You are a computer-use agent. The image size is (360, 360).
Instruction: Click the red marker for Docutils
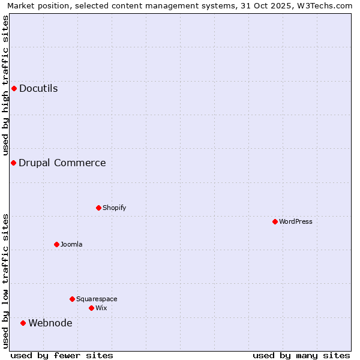[x=14, y=89]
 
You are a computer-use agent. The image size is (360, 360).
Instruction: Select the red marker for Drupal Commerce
[x=13, y=163]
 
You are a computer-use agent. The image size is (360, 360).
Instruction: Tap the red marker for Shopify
[x=99, y=208]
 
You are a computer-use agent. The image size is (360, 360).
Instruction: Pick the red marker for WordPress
[x=275, y=222]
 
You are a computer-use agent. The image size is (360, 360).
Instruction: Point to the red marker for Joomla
[x=57, y=245]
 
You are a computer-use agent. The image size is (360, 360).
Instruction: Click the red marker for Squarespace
[x=73, y=299]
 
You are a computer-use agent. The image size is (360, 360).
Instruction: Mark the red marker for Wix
[x=92, y=308]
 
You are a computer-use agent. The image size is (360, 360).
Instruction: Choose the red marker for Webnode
[x=23, y=323]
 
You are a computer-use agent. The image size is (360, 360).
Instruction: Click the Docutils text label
[x=38, y=89]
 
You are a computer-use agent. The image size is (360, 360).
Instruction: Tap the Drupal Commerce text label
[x=62, y=163]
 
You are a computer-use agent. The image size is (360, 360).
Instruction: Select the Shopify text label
[x=114, y=208]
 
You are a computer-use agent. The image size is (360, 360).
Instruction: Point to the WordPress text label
[x=296, y=222]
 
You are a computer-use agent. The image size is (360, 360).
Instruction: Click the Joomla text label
[x=71, y=245]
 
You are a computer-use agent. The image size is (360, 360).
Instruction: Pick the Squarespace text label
[x=97, y=299]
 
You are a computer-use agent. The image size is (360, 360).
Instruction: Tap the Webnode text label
[x=50, y=323]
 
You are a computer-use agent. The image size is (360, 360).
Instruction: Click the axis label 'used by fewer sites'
[x=62, y=355]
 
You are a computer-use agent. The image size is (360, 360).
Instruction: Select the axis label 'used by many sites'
[x=301, y=355]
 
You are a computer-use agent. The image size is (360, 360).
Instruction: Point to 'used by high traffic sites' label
[x=5, y=86]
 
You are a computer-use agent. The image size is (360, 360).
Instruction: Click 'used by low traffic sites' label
[x=5, y=281]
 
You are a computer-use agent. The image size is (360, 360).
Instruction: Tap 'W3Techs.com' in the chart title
[x=328, y=5]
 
